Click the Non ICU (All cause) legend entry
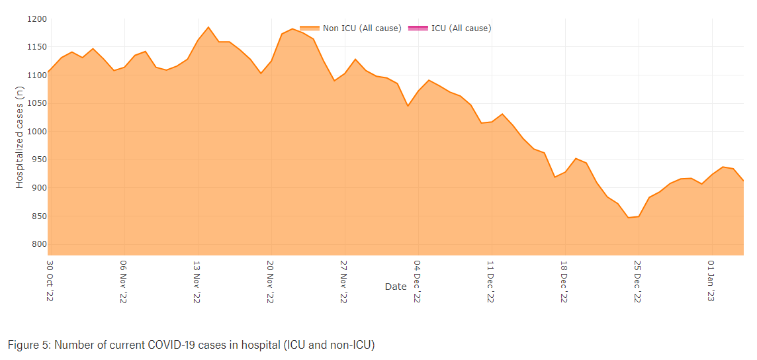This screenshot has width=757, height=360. pyautogui.click(x=351, y=28)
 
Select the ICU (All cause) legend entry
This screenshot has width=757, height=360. pyautogui.click(x=450, y=28)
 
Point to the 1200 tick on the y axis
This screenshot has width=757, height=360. pyautogui.click(x=36, y=19)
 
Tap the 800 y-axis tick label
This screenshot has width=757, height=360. pyautogui.click(x=38, y=245)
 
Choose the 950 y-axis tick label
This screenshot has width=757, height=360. pyautogui.click(x=38, y=160)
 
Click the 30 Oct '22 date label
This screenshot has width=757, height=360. pyautogui.click(x=50, y=281)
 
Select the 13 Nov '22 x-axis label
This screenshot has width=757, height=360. pyautogui.click(x=197, y=281)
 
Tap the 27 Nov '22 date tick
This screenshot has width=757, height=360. pyautogui.click(x=343, y=281)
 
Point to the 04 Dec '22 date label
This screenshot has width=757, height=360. pyautogui.click(x=417, y=281)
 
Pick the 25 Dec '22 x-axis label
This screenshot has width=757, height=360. pyautogui.click(x=637, y=281)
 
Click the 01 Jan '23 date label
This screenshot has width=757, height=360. pyautogui.click(x=711, y=281)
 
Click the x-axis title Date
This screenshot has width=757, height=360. pyautogui.click(x=396, y=287)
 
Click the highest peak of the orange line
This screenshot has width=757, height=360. pyautogui.click(x=208, y=27)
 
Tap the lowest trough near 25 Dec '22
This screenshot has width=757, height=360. pyautogui.click(x=628, y=217)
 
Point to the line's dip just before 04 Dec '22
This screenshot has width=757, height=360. pyautogui.click(x=408, y=106)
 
